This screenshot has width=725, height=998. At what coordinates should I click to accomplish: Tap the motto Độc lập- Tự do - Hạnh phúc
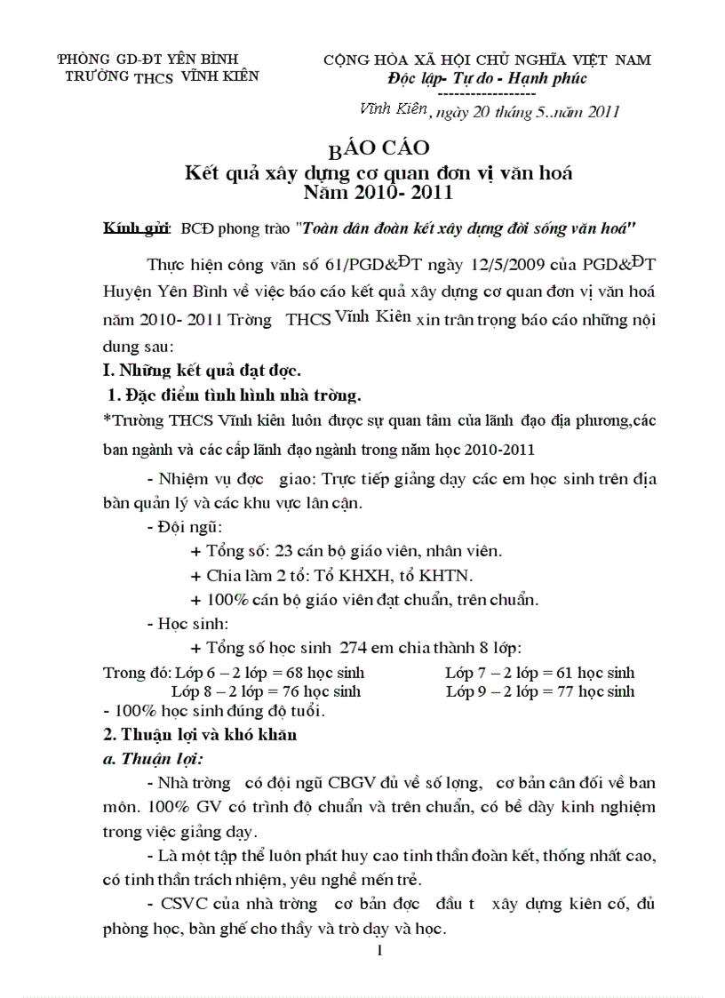480,78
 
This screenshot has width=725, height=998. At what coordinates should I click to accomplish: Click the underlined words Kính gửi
136,229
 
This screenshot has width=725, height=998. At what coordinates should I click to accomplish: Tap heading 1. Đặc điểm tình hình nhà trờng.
234,394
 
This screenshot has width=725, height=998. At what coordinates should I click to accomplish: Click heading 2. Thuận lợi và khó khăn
200,735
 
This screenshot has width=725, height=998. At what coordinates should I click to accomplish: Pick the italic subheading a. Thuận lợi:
151,759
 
